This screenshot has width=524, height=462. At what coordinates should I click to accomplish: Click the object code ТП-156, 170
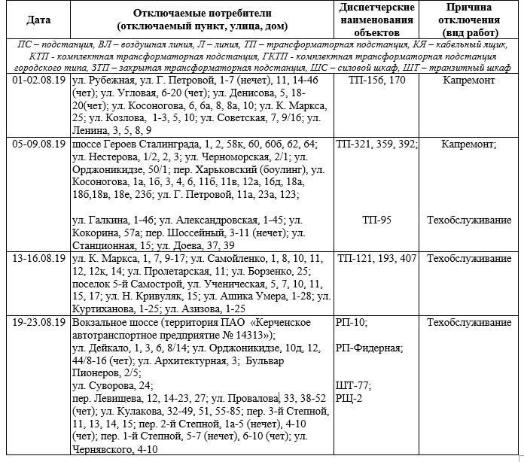point(375,78)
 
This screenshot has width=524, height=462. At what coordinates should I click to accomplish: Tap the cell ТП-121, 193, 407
point(376,259)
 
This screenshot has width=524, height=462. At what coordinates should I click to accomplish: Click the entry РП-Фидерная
point(370,348)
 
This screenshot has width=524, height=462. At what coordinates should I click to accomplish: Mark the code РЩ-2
point(352,397)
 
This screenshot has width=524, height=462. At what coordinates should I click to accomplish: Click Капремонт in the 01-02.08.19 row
point(458,78)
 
